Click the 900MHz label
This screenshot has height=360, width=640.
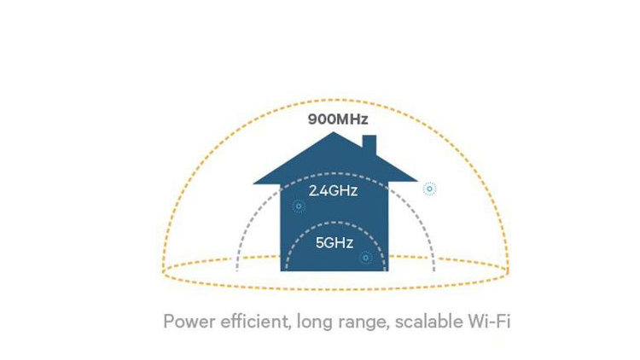(338, 119)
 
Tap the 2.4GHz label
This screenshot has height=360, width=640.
(333, 190)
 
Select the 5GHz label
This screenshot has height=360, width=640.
(335, 243)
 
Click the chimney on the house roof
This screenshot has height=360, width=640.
(369, 145)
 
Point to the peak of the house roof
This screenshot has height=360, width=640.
(334, 132)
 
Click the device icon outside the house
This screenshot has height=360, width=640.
(429, 189)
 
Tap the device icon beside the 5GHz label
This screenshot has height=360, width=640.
(366, 258)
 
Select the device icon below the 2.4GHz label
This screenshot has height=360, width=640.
(299, 206)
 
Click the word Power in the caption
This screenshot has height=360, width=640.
(189, 322)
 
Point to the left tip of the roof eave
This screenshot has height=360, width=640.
(253, 183)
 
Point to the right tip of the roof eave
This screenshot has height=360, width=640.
(417, 181)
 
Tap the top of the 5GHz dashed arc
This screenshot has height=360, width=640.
(335, 223)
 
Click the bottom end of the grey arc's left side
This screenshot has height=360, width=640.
(236, 270)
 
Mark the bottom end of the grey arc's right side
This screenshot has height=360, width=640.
(433, 270)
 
